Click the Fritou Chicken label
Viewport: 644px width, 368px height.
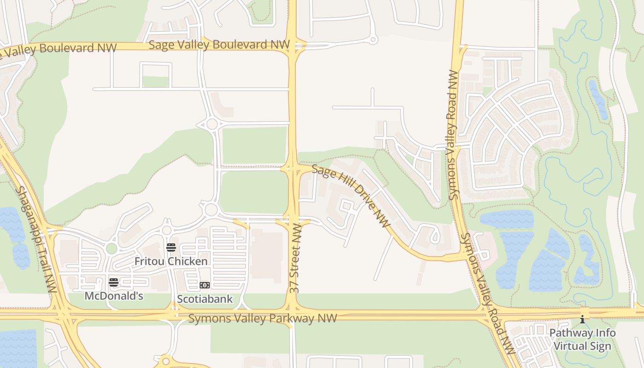[x=171, y=261]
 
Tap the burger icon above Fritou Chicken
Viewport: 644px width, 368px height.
[x=171, y=247]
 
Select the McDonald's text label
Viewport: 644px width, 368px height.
[x=114, y=296]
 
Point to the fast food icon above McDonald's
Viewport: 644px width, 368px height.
[x=114, y=282]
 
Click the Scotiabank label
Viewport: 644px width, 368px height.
[x=205, y=299]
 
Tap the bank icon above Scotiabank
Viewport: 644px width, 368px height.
[x=205, y=285]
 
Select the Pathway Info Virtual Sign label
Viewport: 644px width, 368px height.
[x=582, y=339]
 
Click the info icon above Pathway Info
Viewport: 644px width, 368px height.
[x=582, y=319]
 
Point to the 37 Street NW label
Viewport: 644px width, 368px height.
[x=295, y=258]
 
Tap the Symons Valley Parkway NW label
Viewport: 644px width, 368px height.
[x=262, y=318]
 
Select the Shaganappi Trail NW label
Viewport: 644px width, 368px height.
[x=35, y=239]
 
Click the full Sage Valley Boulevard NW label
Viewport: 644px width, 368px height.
[x=219, y=45]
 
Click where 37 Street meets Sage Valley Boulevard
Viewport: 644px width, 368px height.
[x=293, y=46]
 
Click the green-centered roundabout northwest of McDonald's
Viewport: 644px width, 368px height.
[x=111, y=248]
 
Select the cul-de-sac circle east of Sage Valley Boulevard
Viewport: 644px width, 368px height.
[x=374, y=40]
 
